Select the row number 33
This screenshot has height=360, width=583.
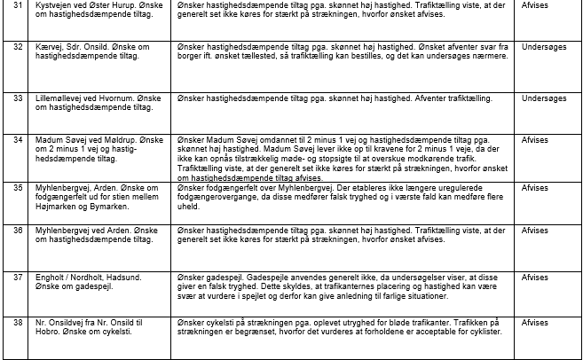tap(18, 98)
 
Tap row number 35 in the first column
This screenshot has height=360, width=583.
tap(18, 187)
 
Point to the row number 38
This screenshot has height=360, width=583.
tap(18, 323)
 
